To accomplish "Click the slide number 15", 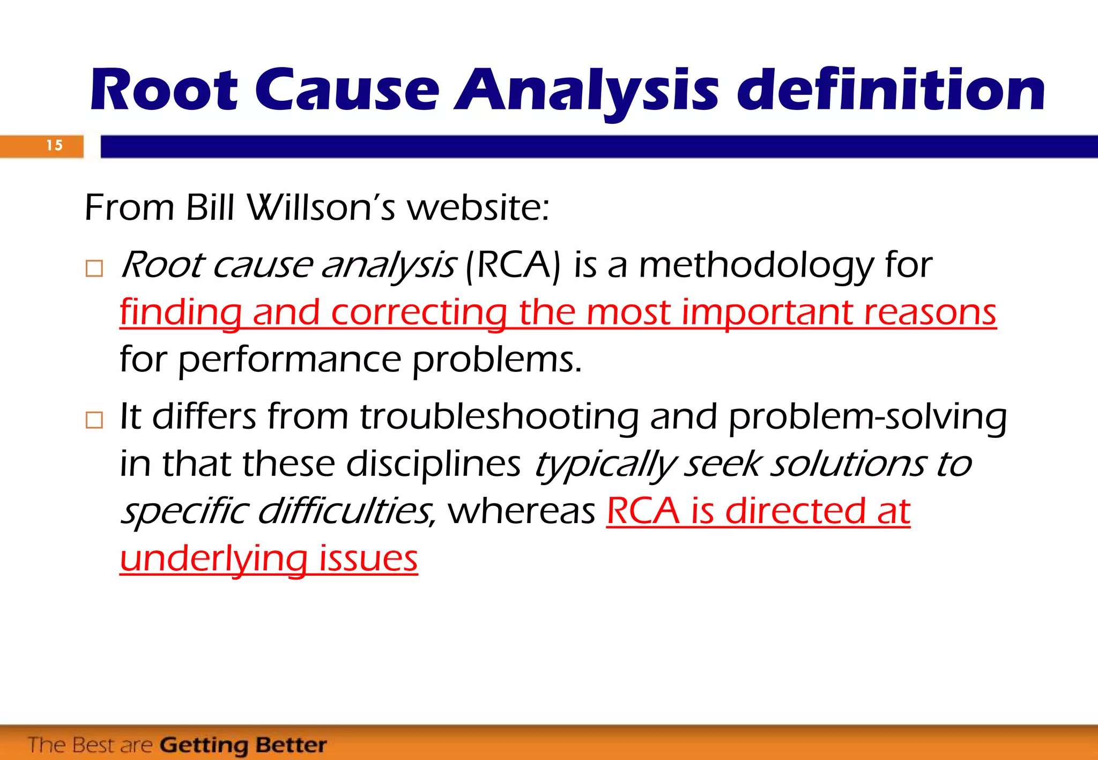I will [x=54, y=145].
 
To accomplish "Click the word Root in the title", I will [x=164, y=90].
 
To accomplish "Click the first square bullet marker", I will [x=94, y=268].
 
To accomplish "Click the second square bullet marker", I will [x=94, y=420].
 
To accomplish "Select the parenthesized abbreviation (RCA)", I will [x=513, y=265].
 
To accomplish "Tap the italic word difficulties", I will [x=346, y=511].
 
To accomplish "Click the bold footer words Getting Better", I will [x=243, y=745].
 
